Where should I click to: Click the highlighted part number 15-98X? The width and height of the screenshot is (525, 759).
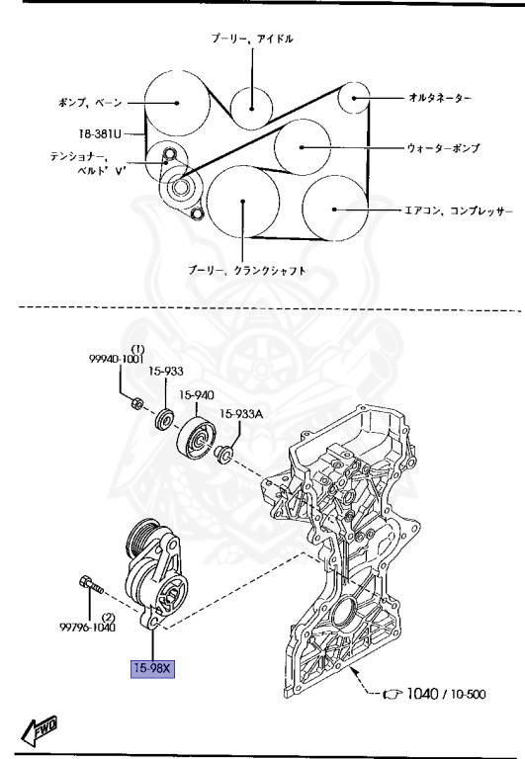[x=153, y=670]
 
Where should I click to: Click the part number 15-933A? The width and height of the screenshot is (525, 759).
[x=241, y=415]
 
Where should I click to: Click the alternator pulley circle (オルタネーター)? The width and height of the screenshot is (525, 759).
[x=355, y=98]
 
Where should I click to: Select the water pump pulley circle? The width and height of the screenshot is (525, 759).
[x=302, y=147]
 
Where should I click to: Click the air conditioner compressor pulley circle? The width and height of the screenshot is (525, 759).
[x=334, y=210]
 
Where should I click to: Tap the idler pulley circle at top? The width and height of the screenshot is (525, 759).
[x=251, y=101]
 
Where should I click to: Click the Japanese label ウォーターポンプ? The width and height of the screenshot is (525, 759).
[x=443, y=148]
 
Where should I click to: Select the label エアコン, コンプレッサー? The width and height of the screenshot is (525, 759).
[x=458, y=211]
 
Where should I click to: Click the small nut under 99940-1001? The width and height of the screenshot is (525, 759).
[x=137, y=403]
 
